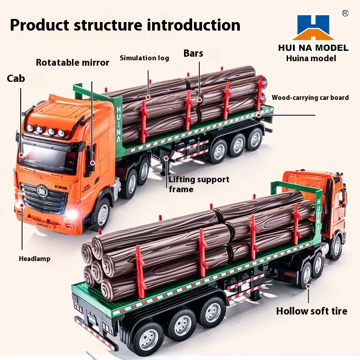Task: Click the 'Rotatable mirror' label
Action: point(72,63)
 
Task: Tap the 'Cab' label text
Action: point(16,79)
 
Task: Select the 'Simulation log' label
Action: point(144,58)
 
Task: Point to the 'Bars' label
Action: point(193,54)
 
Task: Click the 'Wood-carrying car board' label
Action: point(310,98)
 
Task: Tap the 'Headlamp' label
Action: point(35,259)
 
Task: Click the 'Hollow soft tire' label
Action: point(311,311)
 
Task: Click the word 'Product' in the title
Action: point(44,25)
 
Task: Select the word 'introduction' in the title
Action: point(192,25)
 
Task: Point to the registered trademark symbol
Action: point(345,13)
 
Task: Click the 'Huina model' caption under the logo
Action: point(311,58)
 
